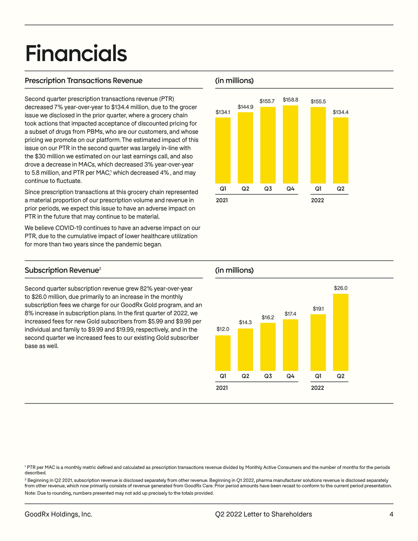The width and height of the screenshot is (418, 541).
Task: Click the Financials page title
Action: pyautogui.click(x=76, y=54)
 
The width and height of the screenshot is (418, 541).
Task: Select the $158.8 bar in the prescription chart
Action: pyautogui.click(x=290, y=144)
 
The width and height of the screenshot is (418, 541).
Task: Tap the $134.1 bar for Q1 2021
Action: pyautogui.click(x=223, y=151)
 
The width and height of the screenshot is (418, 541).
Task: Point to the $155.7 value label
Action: pyautogui.click(x=267, y=101)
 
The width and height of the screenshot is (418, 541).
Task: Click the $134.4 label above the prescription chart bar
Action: pyautogui.click(x=340, y=112)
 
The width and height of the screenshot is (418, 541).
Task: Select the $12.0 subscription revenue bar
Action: pyautogui.click(x=223, y=353)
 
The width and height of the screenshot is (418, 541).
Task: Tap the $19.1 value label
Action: pyautogui.click(x=318, y=308)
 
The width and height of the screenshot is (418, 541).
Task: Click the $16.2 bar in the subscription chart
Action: pyautogui.click(x=268, y=347)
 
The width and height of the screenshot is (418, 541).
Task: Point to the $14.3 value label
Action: pyautogui.click(x=245, y=322)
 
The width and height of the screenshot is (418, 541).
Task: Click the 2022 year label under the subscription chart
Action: pyautogui.click(x=317, y=388)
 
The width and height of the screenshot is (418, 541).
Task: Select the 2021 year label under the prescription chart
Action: pyautogui.click(x=222, y=200)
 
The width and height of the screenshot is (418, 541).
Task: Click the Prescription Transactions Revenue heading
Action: pyautogui.click(x=84, y=80)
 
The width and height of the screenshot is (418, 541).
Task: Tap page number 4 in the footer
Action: pyautogui.click(x=391, y=514)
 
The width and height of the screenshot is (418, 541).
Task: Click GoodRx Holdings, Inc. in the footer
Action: pyautogui.click(x=58, y=514)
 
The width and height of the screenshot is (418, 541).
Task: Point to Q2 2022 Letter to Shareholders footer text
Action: pyautogui.click(x=263, y=514)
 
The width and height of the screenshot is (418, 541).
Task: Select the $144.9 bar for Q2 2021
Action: pyautogui.click(x=245, y=148)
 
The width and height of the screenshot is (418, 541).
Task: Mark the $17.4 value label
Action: pyautogui.click(x=290, y=314)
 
